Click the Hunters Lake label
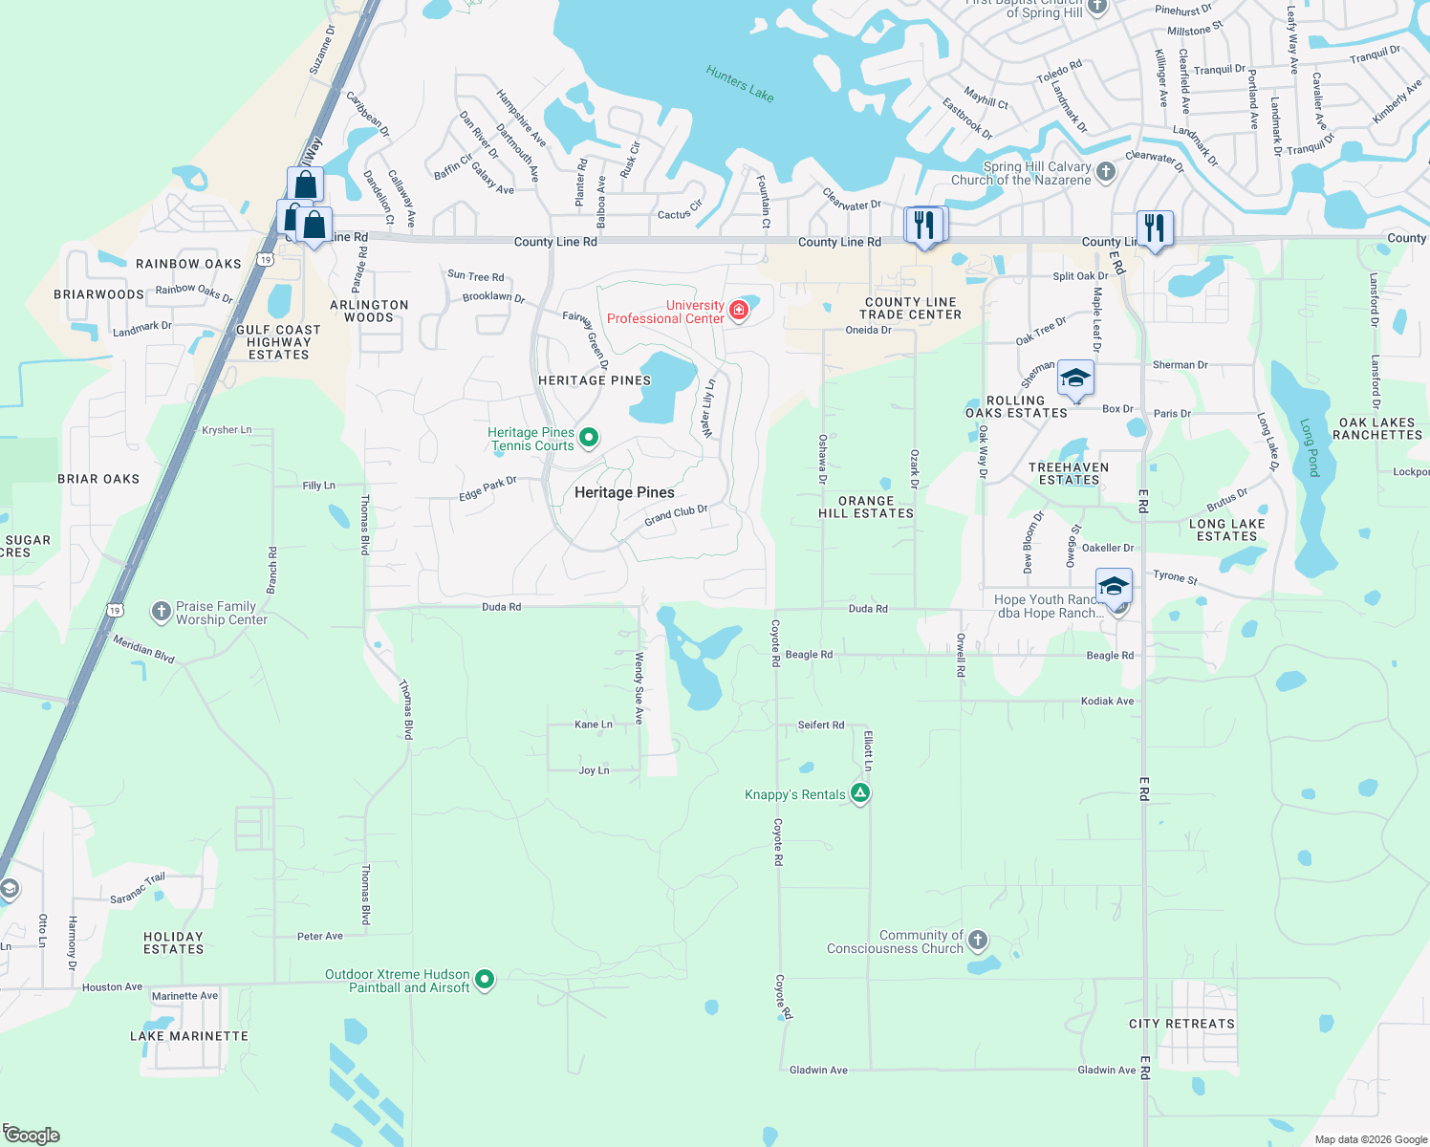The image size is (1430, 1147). [x=740, y=83]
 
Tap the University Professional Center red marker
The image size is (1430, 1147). [x=738, y=310]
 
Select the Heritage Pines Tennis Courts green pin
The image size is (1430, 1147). [x=589, y=437]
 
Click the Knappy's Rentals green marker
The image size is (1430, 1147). [x=860, y=792]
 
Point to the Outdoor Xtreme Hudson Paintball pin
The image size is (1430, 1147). [x=485, y=978]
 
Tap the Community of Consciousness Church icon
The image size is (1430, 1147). [x=977, y=940]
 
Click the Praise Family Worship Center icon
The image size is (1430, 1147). [x=161, y=611]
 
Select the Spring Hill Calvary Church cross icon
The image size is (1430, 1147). [x=1105, y=172]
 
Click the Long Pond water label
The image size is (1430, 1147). [x=1310, y=447]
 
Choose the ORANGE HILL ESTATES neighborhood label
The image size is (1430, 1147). [x=866, y=507]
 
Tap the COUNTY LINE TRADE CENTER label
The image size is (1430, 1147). [x=910, y=308]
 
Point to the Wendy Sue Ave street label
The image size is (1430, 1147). [x=639, y=681]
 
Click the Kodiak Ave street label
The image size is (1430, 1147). [x=1107, y=702]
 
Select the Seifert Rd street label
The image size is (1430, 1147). [x=821, y=725]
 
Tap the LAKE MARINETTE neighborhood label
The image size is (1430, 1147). [x=189, y=1036]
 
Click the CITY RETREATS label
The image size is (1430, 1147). [x=1181, y=1024]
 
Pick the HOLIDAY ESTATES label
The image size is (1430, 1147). [x=174, y=942]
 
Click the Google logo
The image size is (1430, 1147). [x=32, y=1136]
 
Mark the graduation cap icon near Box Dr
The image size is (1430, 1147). [x=1075, y=378]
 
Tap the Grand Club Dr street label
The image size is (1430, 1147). [x=676, y=515]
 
